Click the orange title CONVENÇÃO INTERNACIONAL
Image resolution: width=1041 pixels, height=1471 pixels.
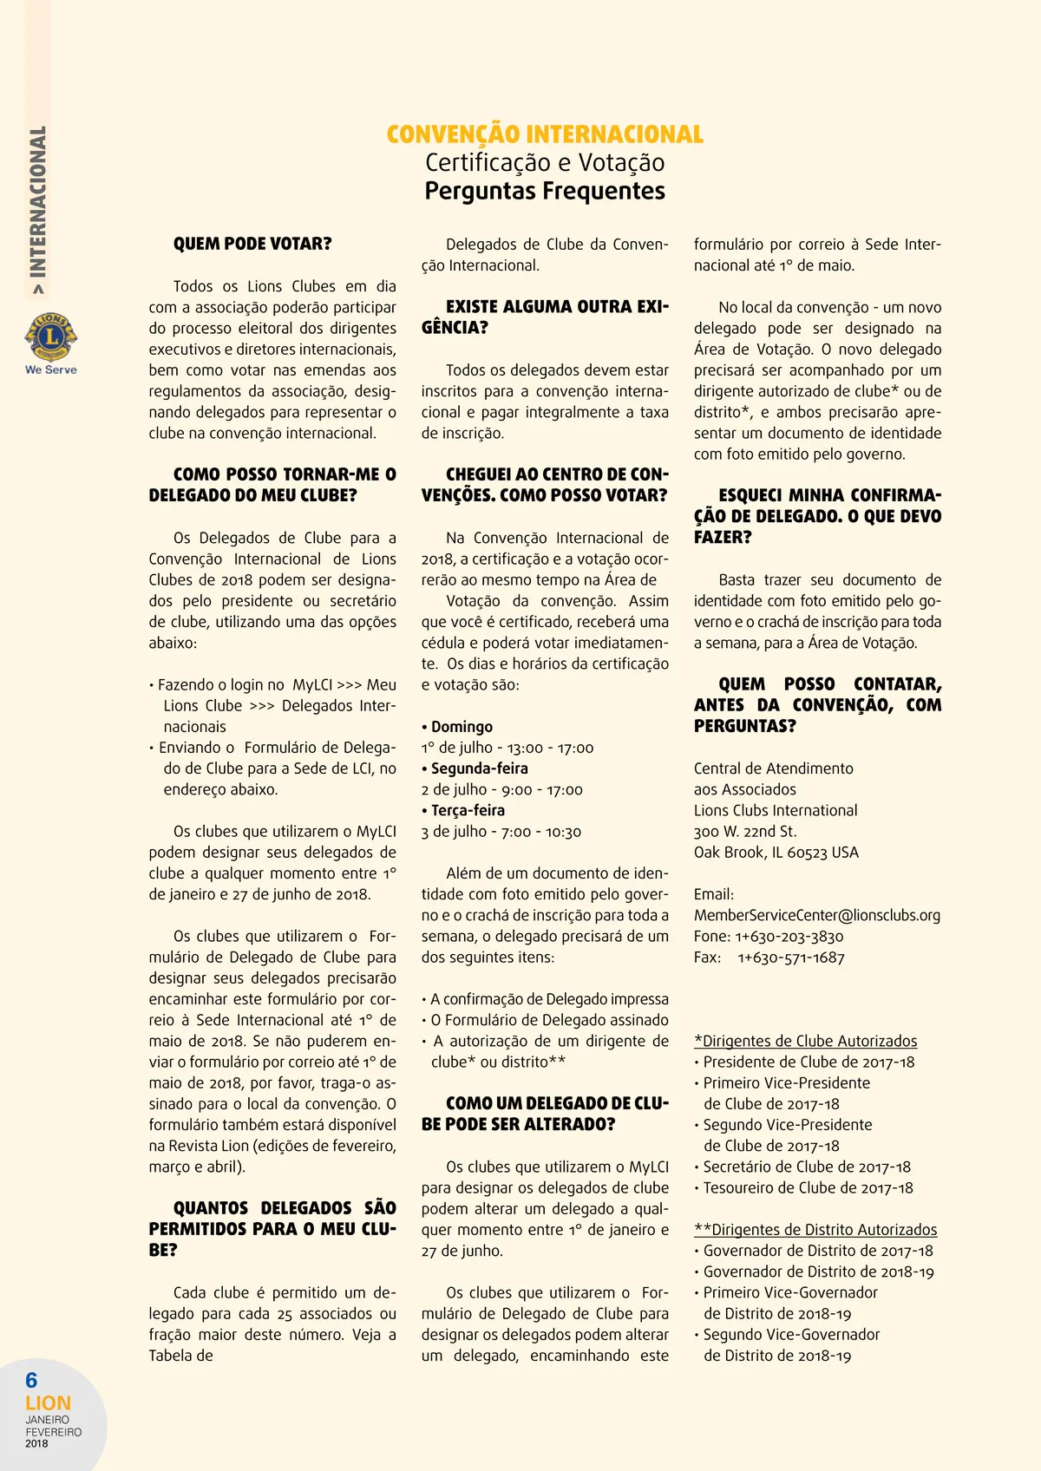[x=545, y=134]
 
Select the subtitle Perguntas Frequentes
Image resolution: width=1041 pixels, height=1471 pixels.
[x=545, y=191]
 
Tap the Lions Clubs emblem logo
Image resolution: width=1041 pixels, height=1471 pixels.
[x=51, y=337]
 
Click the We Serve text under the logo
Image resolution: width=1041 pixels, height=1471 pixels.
[x=51, y=369]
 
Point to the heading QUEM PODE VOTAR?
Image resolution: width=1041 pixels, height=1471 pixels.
[x=252, y=244]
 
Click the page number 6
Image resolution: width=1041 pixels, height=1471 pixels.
[x=31, y=1380]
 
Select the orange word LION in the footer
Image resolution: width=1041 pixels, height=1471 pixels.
[x=49, y=1402]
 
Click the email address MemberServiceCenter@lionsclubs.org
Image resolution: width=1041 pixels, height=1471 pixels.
[x=816, y=915]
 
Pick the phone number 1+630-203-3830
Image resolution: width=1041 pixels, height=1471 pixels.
[x=789, y=937]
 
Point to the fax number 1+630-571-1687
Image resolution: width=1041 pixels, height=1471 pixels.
[x=791, y=958]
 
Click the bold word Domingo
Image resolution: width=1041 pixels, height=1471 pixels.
[x=462, y=727]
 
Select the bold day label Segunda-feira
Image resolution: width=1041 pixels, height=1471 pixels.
[x=479, y=768]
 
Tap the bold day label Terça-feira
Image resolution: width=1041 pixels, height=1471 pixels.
[x=468, y=810]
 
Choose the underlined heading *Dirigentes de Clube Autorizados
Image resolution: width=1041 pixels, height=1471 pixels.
[x=805, y=1041]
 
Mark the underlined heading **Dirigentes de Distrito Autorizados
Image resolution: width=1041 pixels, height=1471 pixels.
[x=815, y=1230]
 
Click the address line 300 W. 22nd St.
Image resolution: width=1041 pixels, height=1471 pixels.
[x=745, y=831]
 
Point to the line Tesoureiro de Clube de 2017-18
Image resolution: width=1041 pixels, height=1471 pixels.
[x=808, y=1188]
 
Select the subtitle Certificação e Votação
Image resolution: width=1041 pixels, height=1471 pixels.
[x=545, y=163]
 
